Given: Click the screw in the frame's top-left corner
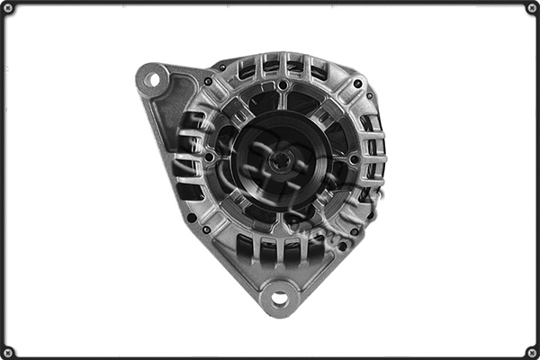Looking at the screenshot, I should [8, 8].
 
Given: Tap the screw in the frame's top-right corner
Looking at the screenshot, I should [532, 8].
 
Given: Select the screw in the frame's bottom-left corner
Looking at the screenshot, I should [8, 352].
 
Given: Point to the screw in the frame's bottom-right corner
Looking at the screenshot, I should [532, 352].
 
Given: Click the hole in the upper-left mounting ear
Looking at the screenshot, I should [152, 79].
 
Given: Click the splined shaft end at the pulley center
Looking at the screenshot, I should [282, 163].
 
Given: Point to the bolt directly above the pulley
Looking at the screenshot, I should [283, 85].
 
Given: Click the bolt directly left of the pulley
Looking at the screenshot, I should [210, 158].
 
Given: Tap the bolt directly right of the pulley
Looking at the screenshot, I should [354, 160].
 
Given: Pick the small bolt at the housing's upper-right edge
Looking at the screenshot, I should [357, 84].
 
